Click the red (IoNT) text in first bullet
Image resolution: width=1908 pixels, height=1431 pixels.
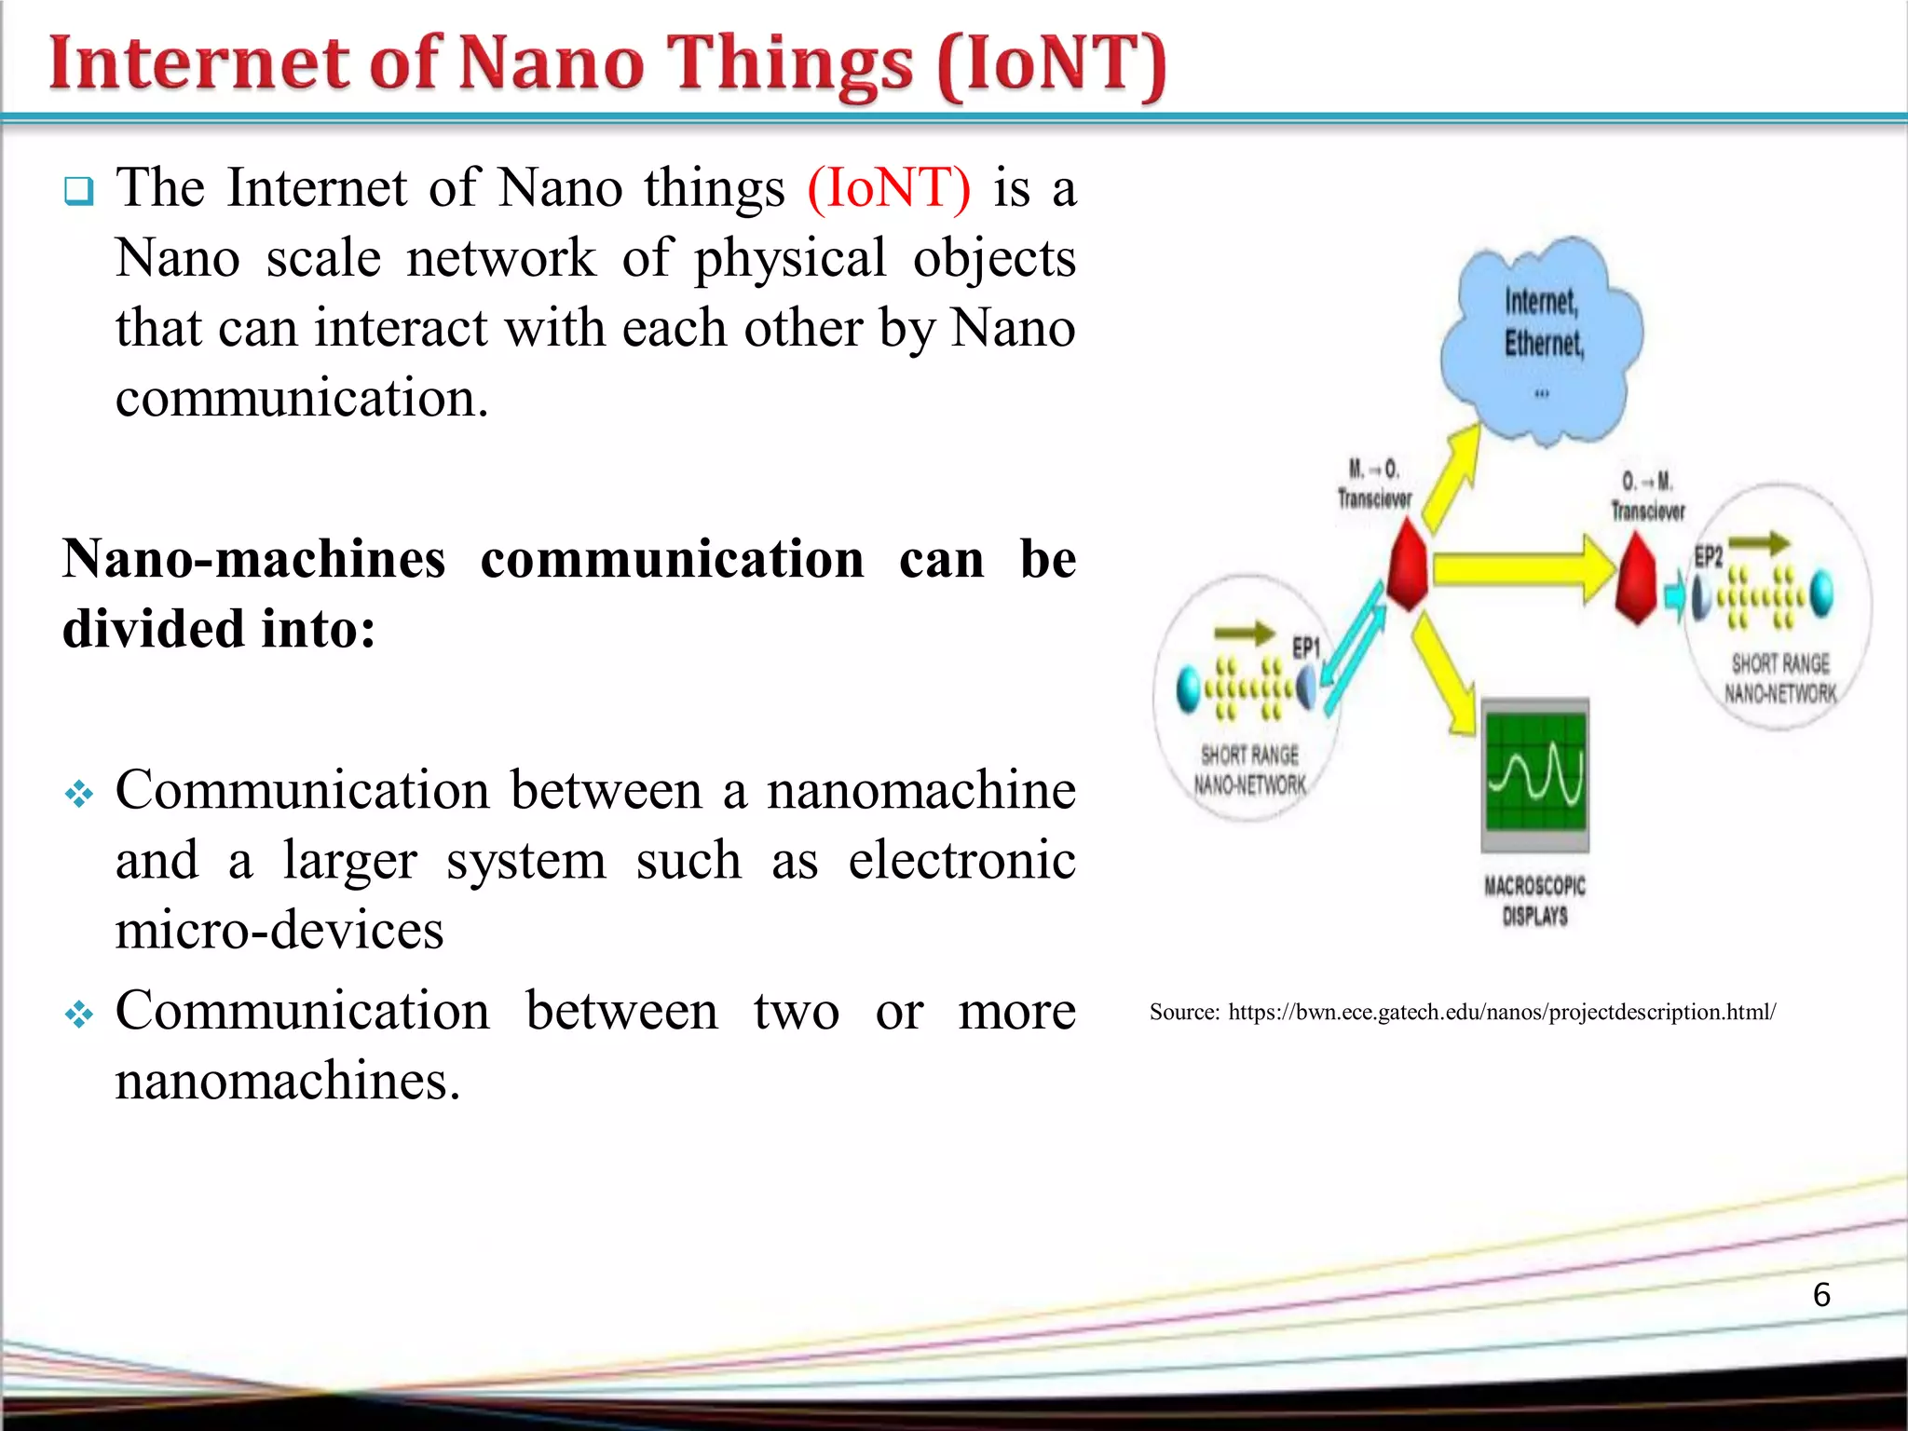point(889,188)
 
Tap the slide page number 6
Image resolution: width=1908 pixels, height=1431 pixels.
point(1821,1294)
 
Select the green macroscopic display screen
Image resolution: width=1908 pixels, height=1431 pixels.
point(1535,771)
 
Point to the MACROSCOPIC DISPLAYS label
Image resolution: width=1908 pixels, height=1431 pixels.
point(1534,900)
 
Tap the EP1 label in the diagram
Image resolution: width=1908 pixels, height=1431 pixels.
point(1306,647)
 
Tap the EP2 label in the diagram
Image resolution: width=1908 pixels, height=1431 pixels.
point(1708,556)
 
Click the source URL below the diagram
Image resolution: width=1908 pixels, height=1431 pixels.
point(1501,1012)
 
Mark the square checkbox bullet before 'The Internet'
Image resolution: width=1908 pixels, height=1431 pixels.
point(79,191)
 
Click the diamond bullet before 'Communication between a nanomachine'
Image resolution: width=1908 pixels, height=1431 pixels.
point(79,794)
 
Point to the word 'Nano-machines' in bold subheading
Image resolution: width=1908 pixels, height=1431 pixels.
point(254,559)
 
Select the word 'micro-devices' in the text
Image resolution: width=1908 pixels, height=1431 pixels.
point(279,930)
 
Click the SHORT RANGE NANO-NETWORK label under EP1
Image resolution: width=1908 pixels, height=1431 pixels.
point(1249,770)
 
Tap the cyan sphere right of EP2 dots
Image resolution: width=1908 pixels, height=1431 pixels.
point(1819,593)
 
